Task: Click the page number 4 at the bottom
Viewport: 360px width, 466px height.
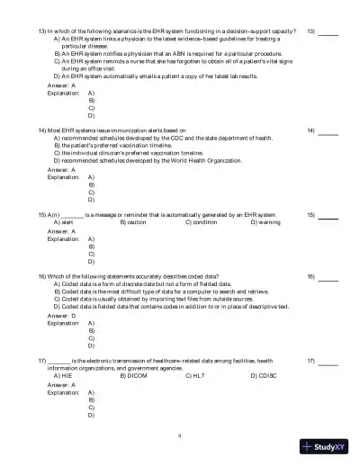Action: coord(180,435)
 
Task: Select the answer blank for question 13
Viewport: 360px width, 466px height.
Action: coord(329,33)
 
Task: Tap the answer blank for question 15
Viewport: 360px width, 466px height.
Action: coord(329,218)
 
